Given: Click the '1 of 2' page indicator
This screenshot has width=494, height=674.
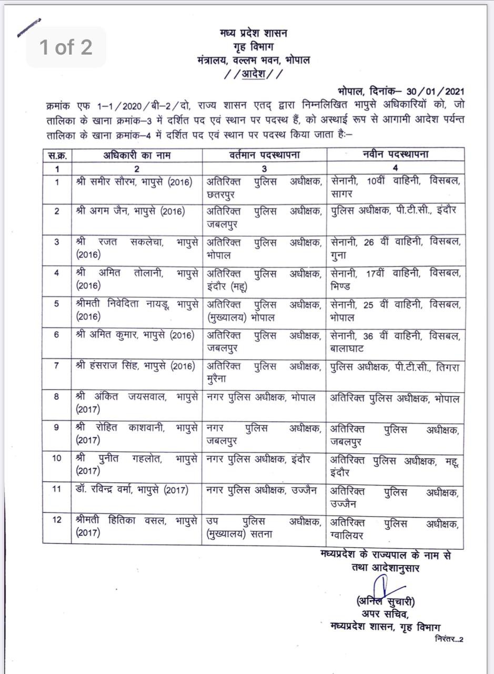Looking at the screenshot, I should pyautogui.click(x=66, y=47).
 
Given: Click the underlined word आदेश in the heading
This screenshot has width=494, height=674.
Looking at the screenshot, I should pyautogui.click(x=253, y=74).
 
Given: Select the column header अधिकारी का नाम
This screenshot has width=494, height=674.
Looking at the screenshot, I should pyautogui.click(x=136, y=155).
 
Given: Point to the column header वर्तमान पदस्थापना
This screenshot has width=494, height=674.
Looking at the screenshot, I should pyautogui.click(x=265, y=155).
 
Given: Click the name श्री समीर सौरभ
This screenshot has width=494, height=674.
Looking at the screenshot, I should pyautogui.click(x=106, y=182).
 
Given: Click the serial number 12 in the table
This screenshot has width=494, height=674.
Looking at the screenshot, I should pyautogui.click(x=57, y=520).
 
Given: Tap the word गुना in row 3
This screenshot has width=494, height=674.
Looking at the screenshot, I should pyautogui.click(x=338, y=255).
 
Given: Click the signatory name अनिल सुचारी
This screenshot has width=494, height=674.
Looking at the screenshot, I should pyautogui.click(x=385, y=601).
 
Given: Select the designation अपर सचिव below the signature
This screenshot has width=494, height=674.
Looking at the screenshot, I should pyautogui.click(x=385, y=614).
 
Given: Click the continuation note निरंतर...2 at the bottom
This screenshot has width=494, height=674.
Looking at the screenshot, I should pyautogui.click(x=449, y=639).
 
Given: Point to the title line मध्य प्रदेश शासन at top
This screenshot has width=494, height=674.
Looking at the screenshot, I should pyautogui.click(x=253, y=34).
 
